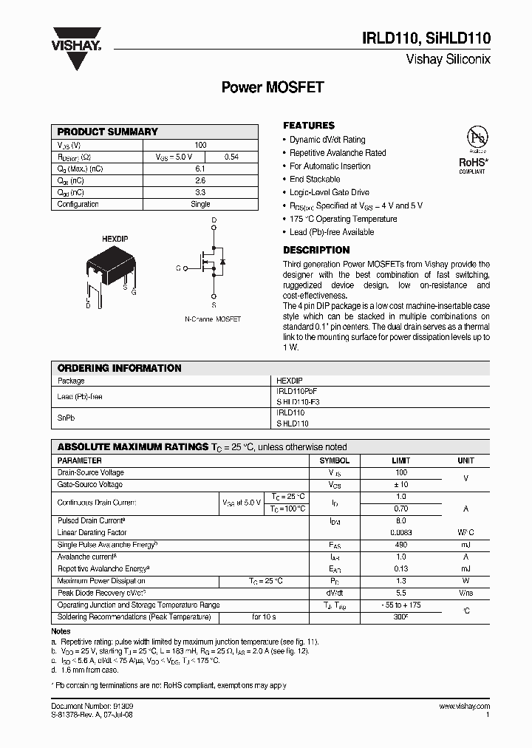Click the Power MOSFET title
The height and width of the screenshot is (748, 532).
coord(273,87)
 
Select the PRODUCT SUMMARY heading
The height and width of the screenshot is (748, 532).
coord(108,132)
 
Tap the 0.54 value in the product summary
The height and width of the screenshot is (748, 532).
coord(231,157)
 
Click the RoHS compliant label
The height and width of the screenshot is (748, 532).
coord(472,164)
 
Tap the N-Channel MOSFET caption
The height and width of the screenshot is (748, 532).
coord(213,319)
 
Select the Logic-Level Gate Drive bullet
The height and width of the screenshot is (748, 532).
coord(329,192)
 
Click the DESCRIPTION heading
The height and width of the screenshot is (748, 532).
coord(316,250)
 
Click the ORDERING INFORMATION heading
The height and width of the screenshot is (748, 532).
coord(119,368)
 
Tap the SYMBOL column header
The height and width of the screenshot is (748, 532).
coord(335,460)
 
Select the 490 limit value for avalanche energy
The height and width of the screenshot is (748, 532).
coord(401,545)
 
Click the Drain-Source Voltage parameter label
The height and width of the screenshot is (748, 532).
coord(91,472)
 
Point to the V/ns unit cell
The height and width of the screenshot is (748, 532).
coord(465,593)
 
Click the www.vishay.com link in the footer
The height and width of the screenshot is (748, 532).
coord(465,707)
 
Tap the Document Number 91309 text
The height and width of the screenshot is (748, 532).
coord(92,707)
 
